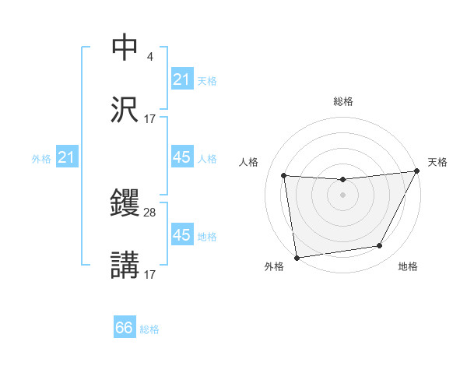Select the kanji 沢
(x=125, y=110)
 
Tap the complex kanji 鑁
(x=125, y=204)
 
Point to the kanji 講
(x=125, y=266)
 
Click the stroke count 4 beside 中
(x=149, y=57)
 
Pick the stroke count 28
(x=150, y=212)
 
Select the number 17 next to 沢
(x=150, y=118)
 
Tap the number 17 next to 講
(x=150, y=274)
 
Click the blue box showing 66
(x=125, y=328)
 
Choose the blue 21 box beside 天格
(x=181, y=79)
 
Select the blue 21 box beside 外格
(x=66, y=158)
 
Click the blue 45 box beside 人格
(x=181, y=157)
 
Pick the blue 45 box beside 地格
(x=181, y=235)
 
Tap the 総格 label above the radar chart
(x=343, y=101)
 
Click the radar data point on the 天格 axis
(x=418, y=171)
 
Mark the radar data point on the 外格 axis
(x=297, y=257)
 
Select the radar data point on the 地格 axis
(x=380, y=246)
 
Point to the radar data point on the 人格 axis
(x=284, y=176)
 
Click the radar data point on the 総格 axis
(x=343, y=180)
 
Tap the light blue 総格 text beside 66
(x=149, y=329)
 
